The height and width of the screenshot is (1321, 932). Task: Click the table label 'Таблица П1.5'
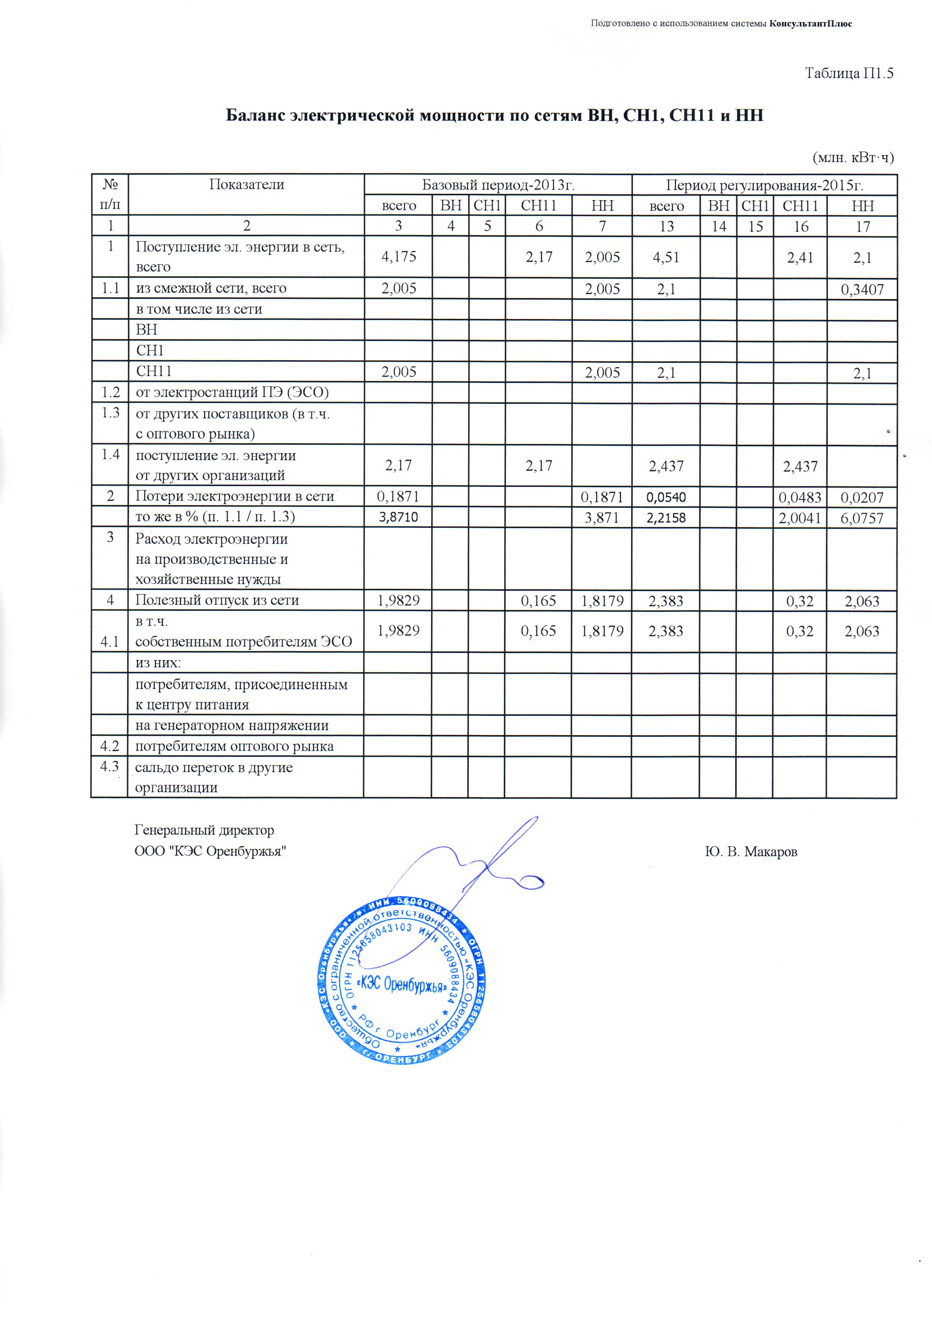[849, 74]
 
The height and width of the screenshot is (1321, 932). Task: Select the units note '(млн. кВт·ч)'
[853, 157]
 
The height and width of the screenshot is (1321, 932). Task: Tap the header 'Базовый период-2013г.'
[498, 185]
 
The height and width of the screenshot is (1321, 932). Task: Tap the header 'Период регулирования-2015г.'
[764, 185]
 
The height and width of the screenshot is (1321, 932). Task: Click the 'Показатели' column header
[247, 184]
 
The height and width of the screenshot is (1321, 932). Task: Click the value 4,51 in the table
[666, 257]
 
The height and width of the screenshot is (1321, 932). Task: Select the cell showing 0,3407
[862, 289]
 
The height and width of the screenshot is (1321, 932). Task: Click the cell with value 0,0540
[666, 497]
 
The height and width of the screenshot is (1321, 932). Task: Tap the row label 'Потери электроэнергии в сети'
[234, 496]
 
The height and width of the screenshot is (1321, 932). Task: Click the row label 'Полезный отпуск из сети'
[217, 600]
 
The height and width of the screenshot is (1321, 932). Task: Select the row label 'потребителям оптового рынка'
[234, 746]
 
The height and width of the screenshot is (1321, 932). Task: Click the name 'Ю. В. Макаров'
[751, 852]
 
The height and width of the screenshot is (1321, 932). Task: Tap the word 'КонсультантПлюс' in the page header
[811, 24]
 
